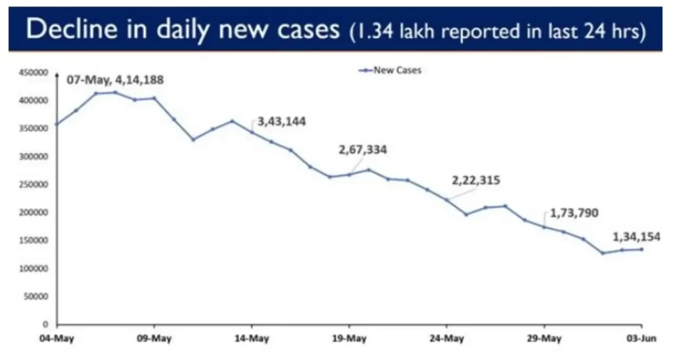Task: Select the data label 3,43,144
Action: click(x=282, y=122)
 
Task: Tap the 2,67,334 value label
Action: click(x=363, y=150)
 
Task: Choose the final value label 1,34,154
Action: click(x=636, y=236)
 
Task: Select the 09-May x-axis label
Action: click(x=154, y=340)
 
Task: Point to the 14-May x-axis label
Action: click(x=252, y=340)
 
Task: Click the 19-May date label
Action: click(x=348, y=340)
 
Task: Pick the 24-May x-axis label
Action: click(x=446, y=340)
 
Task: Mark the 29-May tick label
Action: click(x=544, y=340)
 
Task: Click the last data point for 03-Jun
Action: click(x=641, y=249)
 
